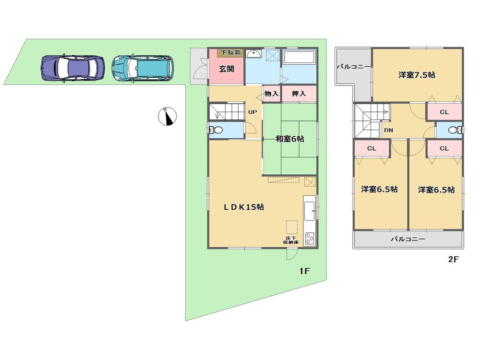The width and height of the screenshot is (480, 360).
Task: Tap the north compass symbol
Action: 168,116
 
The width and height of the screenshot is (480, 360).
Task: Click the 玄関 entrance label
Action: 227,69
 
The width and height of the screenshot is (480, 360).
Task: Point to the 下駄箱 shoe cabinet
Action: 231,52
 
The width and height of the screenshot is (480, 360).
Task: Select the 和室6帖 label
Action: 289,139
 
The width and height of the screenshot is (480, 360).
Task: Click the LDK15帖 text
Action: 244,207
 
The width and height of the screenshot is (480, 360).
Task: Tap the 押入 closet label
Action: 299,94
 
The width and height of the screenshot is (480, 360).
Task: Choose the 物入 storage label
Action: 272,94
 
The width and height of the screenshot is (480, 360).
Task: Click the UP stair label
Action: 252,112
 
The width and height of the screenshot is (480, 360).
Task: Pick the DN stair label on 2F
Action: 389,130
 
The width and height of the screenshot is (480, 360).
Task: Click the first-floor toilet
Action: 216,130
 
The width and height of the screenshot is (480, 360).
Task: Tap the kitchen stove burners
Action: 310,238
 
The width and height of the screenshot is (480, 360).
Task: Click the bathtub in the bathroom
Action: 299,59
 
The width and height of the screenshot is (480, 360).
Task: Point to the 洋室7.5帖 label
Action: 417,75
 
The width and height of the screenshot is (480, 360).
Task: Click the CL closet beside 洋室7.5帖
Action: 444,112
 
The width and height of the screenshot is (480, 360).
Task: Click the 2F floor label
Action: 454,260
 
